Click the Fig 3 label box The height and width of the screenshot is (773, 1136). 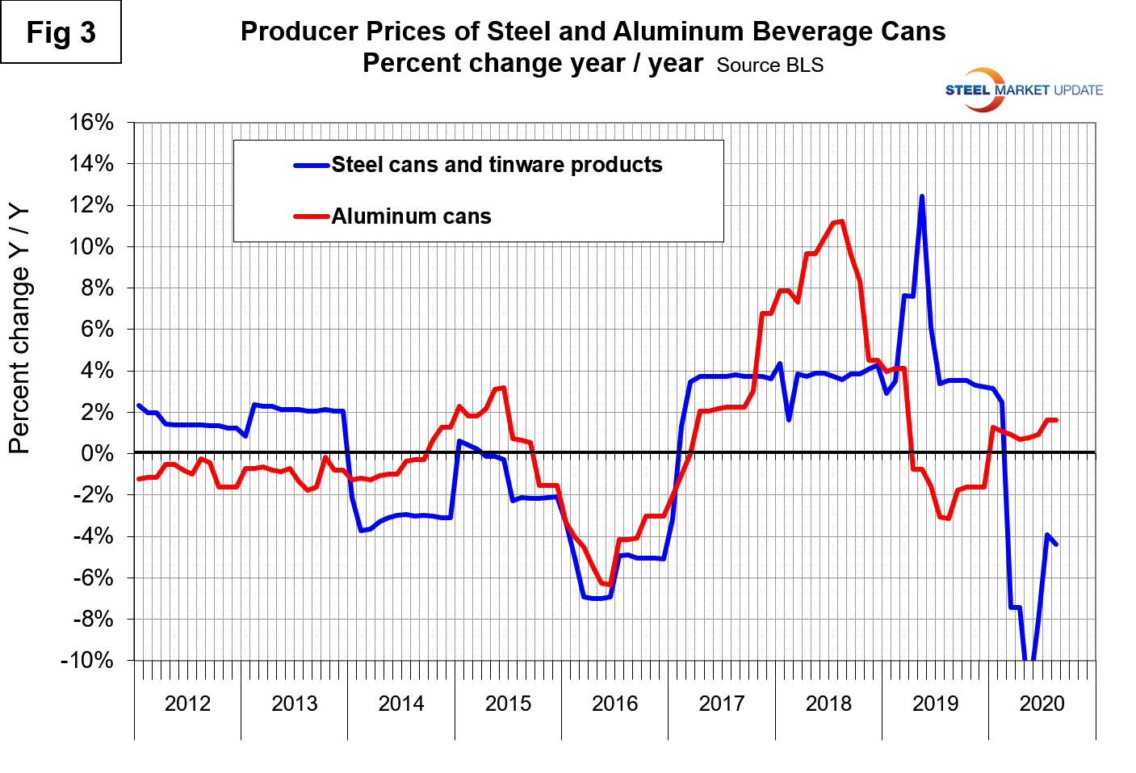(61, 32)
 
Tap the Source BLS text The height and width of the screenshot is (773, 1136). (769, 65)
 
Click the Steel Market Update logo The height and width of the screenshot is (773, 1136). (1023, 90)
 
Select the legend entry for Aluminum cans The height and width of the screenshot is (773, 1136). (411, 216)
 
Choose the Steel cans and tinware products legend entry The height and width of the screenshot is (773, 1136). (497, 165)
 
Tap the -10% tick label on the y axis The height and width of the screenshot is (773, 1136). (87, 660)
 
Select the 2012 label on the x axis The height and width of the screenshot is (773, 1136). (187, 704)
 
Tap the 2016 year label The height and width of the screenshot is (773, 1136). (614, 704)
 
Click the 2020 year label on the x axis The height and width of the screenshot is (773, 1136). (1042, 704)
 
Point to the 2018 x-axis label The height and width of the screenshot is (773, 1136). (828, 704)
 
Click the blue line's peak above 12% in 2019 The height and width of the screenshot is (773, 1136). (921, 196)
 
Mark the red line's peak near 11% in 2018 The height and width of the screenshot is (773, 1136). (841, 221)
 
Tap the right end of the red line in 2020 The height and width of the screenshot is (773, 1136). (1056, 420)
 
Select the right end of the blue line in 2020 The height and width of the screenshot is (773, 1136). (1056, 544)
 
